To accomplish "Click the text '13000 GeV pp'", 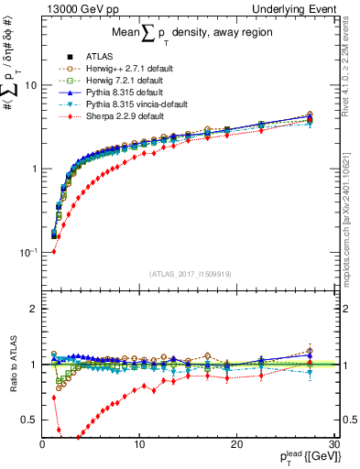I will click(x=74, y=8).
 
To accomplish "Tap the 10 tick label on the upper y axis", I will click(x=29, y=85).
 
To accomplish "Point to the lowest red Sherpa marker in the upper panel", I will click(x=53, y=251).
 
